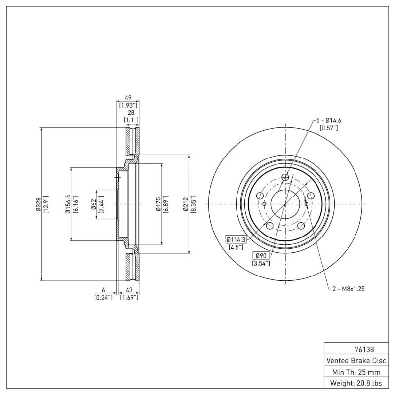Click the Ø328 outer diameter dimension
[x=39, y=204]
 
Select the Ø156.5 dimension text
[x=68, y=204]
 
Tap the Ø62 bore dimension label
[x=93, y=204]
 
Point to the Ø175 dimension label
[x=158, y=204]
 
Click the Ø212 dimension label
[x=186, y=204]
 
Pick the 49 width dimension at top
[x=128, y=98]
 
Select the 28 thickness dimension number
[x=131, y=113]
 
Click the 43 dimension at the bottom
[x=129, y=290]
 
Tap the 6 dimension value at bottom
[x=103, y=290]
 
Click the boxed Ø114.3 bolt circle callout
[x=236, y=239]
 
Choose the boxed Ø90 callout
[x=261, y=256]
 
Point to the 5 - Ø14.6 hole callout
[x=328, y=120]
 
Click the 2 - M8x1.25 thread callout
[x=349, y=289]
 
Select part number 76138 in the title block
[x=364, y=350]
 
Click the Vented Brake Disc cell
[x=356, y=361]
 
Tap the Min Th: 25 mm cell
[x=356, y=372]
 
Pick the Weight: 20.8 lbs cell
[x=356, y=383]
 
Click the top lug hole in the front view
[x=285, y=177]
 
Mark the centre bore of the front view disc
[x=285, y=204]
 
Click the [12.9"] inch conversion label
[x=46, y=204]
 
